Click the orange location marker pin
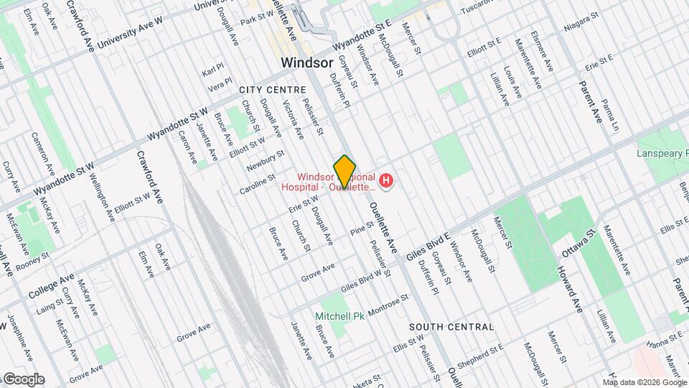point(345,171)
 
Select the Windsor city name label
point(306,63)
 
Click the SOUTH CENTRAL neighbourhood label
point(451,327)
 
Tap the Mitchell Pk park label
point(340,316)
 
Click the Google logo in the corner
point(23,379)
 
